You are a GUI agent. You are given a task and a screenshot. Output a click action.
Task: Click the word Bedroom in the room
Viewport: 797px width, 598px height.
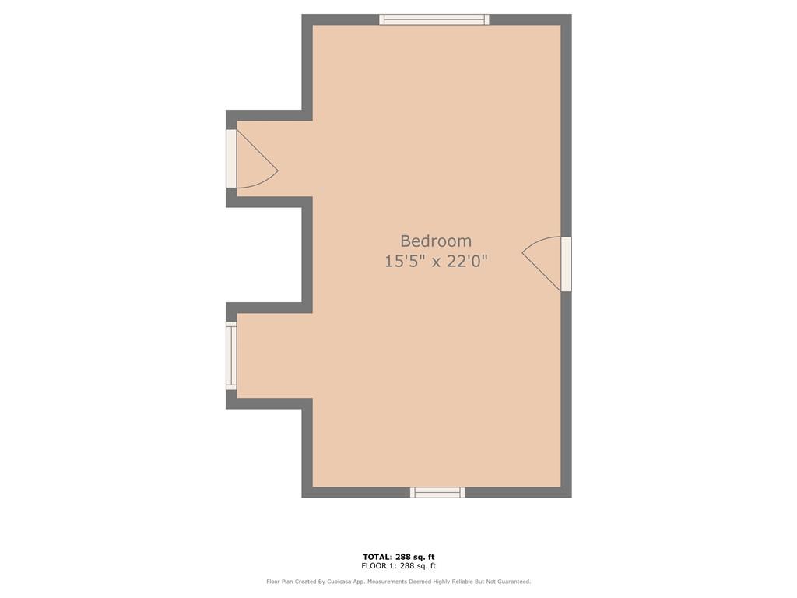[x=436, y=241]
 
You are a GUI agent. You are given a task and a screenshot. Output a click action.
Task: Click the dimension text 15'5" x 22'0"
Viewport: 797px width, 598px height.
[x=436, y=262]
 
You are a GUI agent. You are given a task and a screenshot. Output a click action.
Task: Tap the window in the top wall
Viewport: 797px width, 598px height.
[x=434, y=19]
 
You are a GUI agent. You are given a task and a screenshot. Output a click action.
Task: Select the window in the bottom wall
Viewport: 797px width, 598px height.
[x=437, y=492]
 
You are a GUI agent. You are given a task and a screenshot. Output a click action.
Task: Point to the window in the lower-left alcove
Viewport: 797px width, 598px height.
[x=231, y=355]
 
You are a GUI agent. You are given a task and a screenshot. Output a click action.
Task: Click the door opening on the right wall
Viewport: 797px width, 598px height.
[x=567, y=264]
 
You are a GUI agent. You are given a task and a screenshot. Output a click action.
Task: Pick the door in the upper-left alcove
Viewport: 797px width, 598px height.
[x=231, y=159]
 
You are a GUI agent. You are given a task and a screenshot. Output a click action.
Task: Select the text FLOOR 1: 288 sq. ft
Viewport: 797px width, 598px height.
[x=398, y=565]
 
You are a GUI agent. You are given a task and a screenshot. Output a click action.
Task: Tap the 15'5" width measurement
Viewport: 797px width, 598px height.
[x=405, y=262]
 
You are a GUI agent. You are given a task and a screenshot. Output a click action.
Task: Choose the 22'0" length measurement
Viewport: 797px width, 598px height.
[x=467, y=262]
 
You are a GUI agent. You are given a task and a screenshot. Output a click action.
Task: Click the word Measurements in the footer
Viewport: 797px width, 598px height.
[x=388, y=582]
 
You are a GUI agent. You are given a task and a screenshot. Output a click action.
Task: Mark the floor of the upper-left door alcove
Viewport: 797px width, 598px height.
[x=275, y=159]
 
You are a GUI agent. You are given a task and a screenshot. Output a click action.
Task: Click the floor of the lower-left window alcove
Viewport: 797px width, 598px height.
[x=275, y=355]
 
